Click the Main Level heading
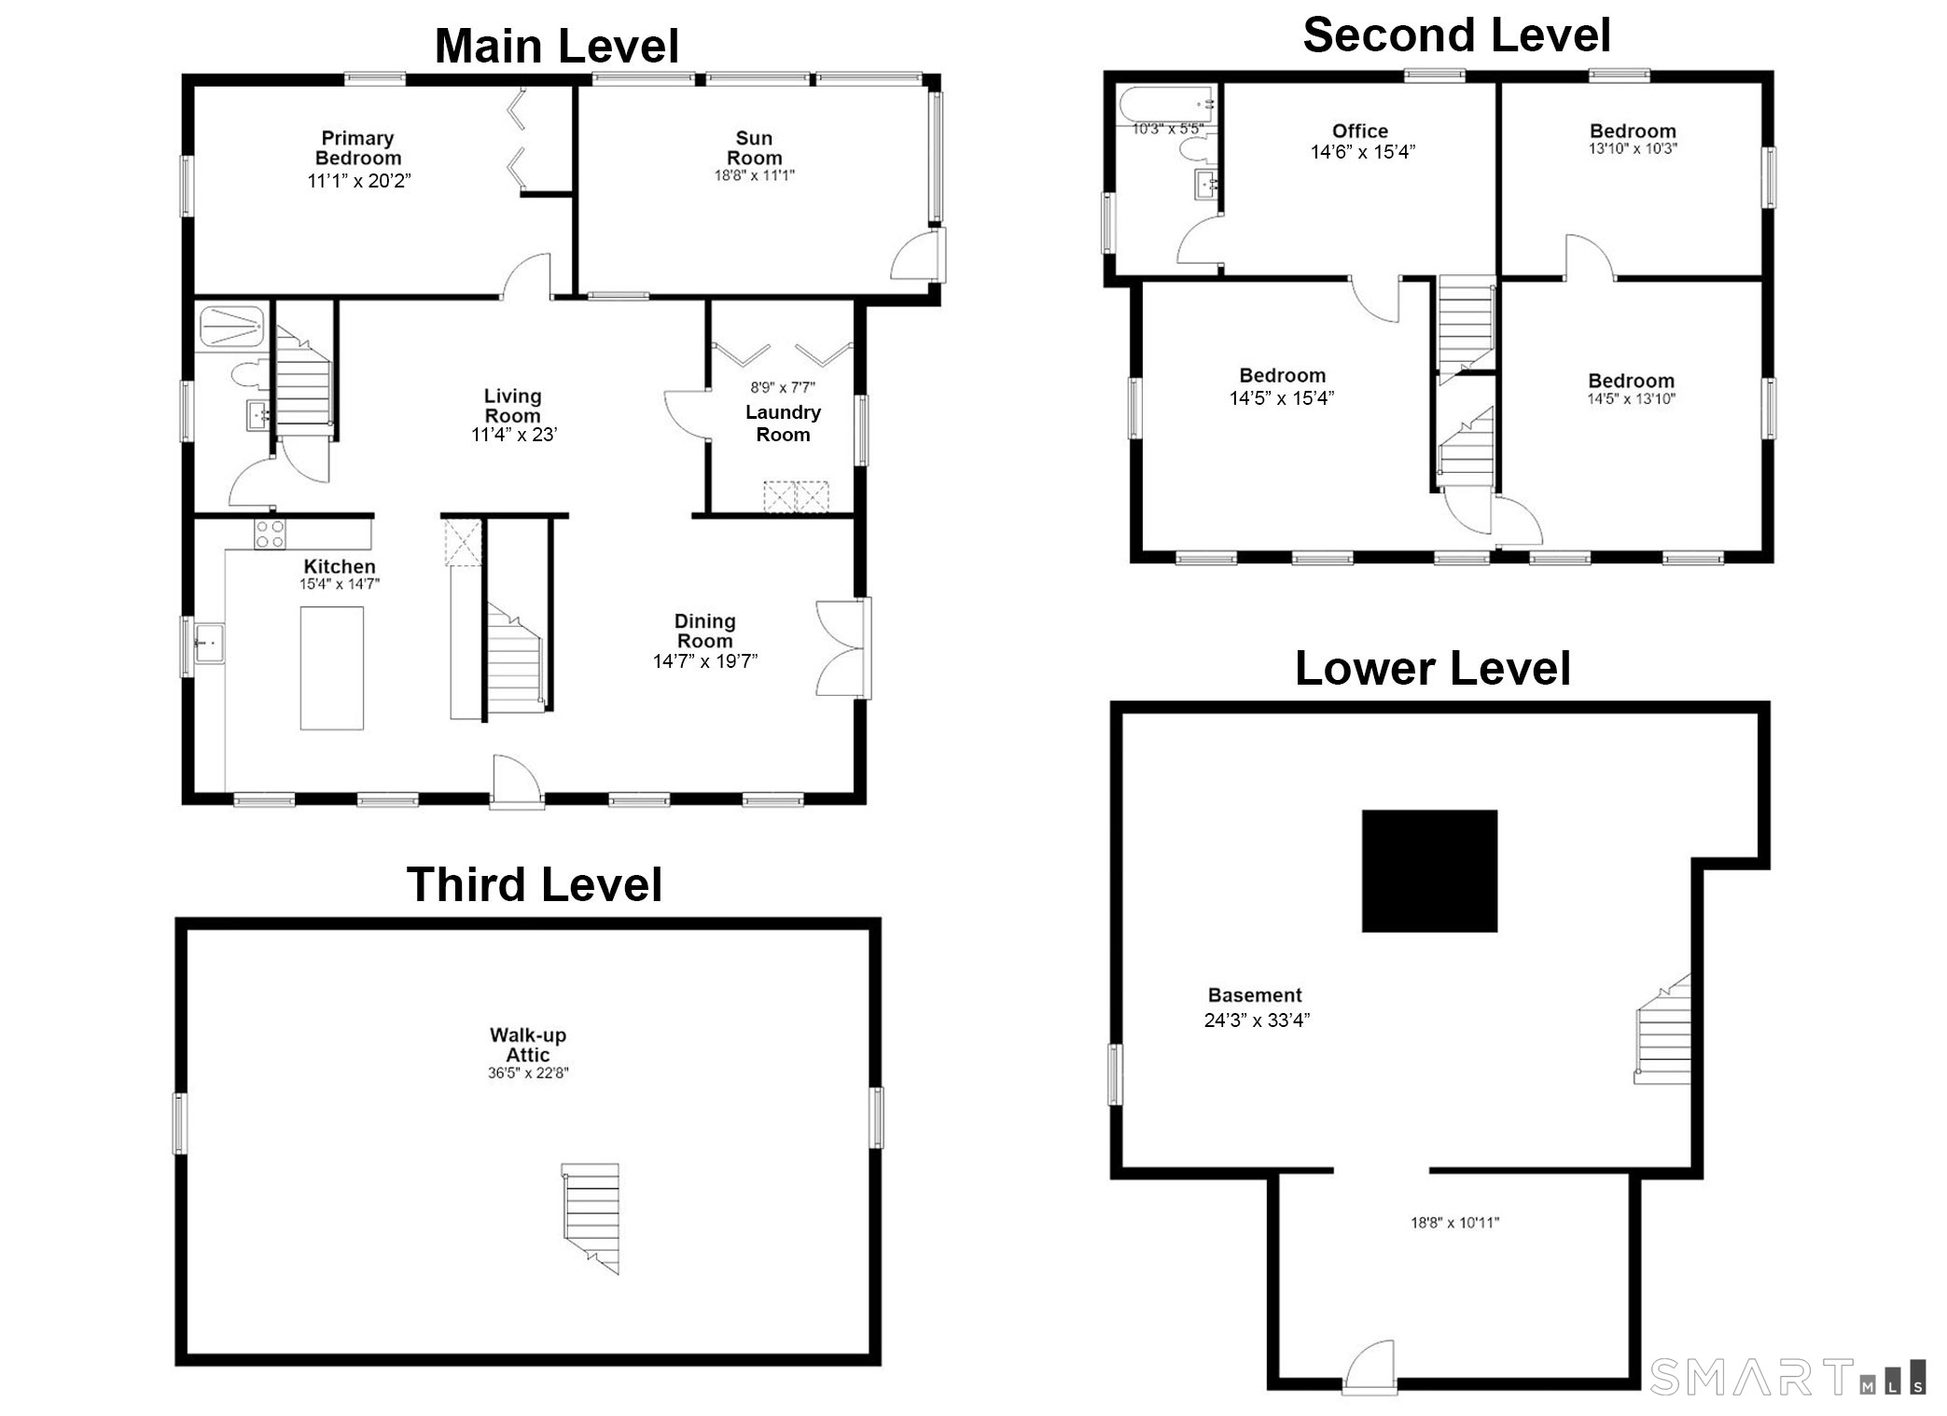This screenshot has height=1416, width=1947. [x=557, y=46]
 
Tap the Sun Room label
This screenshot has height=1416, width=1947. [x=754, y=148]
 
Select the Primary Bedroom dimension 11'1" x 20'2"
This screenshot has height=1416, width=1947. [x=359, y=181]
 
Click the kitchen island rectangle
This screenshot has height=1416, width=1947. [x=331, y=668]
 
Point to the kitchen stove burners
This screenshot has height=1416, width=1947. [x=270, y=534]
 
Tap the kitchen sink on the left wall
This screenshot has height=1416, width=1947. [x=209, y=643]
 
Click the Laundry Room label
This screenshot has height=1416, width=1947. [x=783, y=423]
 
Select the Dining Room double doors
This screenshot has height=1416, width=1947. [x=843, y=648]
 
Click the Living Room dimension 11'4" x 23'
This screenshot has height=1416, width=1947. [x=514, y=435]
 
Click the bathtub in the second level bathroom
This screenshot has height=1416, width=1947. [x=1166, y=104]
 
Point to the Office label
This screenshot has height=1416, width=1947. [x=1359, y=132]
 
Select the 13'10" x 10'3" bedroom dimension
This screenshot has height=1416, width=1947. [x=1633, y=149]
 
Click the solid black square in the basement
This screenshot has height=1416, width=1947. [x=1429, y=870]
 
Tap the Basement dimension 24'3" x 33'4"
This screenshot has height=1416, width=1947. [x=1257, y=1020]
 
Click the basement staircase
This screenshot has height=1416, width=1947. [x=1662, y=1029]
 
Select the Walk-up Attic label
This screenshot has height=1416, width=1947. [x=528, y=1045]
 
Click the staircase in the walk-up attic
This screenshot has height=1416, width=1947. [x=591, y=1217]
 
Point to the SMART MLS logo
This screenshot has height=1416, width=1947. [x=1787, y=1377]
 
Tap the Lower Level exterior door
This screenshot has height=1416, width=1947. [x=1370, y=1367]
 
